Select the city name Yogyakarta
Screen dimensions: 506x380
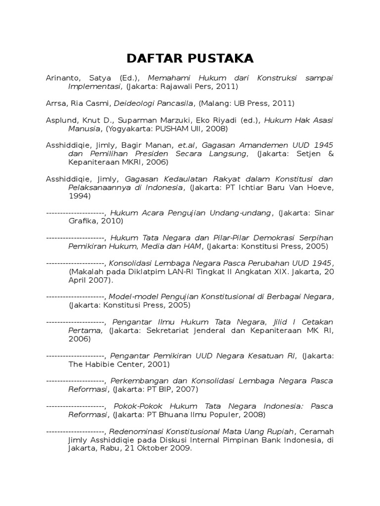pyautogui.click(x=129, y=128)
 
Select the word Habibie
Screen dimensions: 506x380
pyautogui.click(x=102, y=364)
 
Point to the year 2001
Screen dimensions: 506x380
pyautogui.click(x=156, y=364)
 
